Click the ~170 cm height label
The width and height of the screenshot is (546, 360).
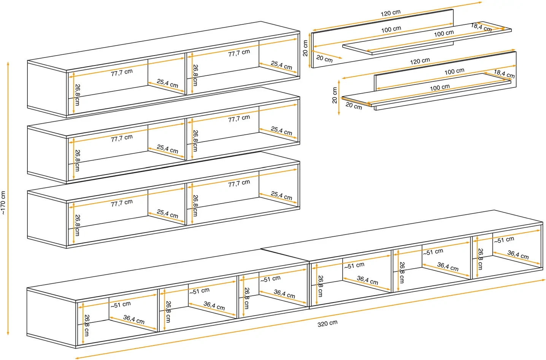(3, 203)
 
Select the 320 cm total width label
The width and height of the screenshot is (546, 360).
(327, 323)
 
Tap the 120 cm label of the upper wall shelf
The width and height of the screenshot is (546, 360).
(390, 13)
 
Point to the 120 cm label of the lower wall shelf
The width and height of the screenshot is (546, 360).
(420, 61)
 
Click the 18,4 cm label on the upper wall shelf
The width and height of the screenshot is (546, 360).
(481, 27)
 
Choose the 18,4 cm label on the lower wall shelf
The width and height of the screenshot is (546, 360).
(504, 73)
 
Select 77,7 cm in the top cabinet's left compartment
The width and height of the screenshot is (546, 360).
(122, 72)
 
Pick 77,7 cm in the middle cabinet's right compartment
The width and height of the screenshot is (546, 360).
(239, 119)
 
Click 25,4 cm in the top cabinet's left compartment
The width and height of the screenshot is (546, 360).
(167, 83)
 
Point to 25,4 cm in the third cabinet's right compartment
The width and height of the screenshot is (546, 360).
(281, 196)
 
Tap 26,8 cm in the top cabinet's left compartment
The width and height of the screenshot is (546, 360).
(78, 95)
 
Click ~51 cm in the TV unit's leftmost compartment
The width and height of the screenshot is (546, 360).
(121, 304)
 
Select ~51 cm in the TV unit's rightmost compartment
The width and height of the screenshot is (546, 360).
(504, 240)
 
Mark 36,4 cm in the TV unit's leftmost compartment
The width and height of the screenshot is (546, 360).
(134, 319)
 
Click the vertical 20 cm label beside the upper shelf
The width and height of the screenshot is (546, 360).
(305, 48)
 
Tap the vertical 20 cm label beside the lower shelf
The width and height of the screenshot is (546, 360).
(335, 95)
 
